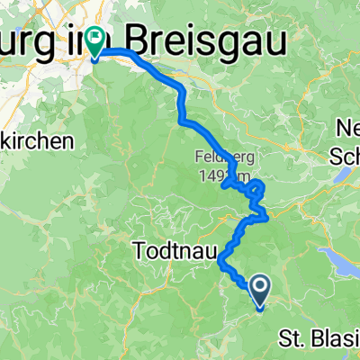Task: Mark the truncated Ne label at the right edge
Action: coord(348,125)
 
